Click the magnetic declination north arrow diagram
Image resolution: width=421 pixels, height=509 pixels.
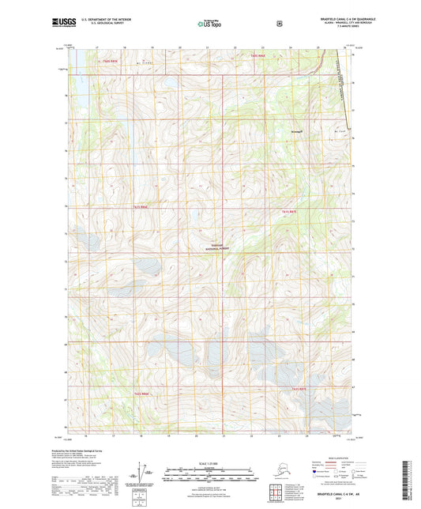coord(140,472)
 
